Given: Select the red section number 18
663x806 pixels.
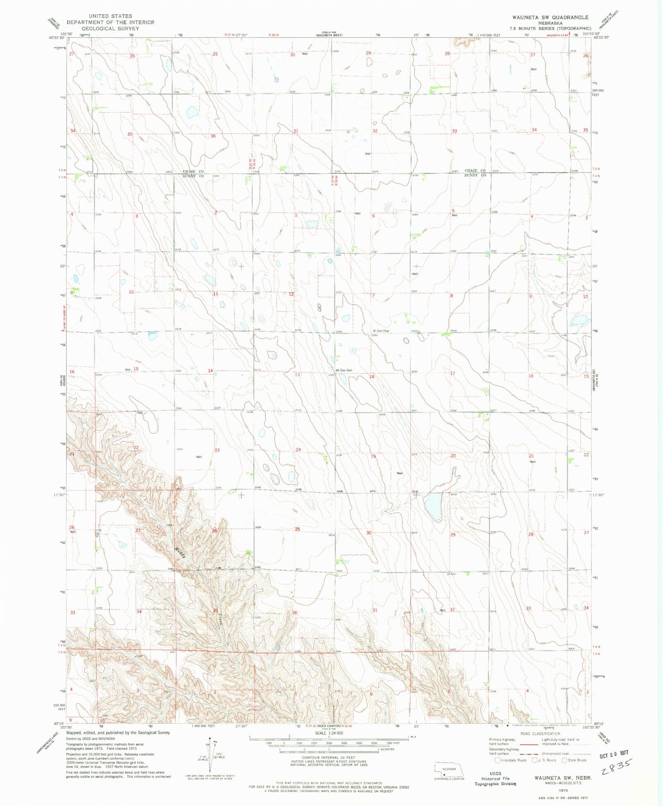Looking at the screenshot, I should click(x=372, y=377).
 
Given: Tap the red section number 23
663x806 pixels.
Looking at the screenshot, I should click(x=217, y=450).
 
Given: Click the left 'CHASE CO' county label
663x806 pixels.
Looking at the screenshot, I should click(x=193, y=172).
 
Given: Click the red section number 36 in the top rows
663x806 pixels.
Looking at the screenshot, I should click(x=213, y=136).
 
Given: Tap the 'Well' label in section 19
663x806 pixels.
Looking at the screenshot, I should click(x=400, y=473).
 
